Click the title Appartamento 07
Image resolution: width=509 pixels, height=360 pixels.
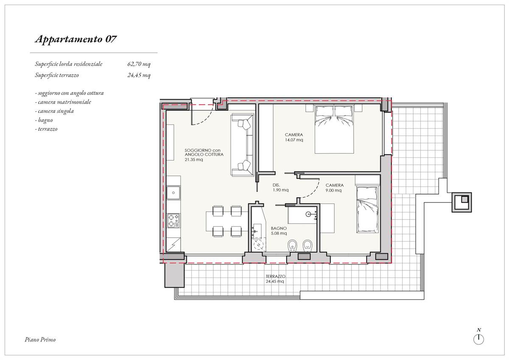point(76,39)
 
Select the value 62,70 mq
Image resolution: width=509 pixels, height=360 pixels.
point(139,64)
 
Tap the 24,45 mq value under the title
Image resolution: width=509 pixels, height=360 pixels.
point(139,75)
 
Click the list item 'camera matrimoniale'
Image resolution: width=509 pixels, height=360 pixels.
point(64,102)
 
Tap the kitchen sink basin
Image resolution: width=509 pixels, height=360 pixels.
point(173,193)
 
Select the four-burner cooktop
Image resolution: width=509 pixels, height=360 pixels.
point(173,220)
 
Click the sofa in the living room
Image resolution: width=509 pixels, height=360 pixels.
point(242,145)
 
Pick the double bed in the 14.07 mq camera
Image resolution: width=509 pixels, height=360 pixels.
point(334,129)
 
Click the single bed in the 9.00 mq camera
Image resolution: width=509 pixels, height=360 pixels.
point(367,209)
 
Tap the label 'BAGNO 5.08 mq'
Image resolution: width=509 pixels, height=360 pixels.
point(279,231)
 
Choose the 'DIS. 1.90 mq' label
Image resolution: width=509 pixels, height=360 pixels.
point(281,188)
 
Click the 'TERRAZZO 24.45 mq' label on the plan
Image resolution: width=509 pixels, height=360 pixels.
point(275,279)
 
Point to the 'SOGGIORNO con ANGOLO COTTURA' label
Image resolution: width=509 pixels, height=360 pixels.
point(204,152)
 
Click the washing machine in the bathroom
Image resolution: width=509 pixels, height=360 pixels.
point(258,245)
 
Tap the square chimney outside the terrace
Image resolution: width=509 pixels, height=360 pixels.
point(461,202)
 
